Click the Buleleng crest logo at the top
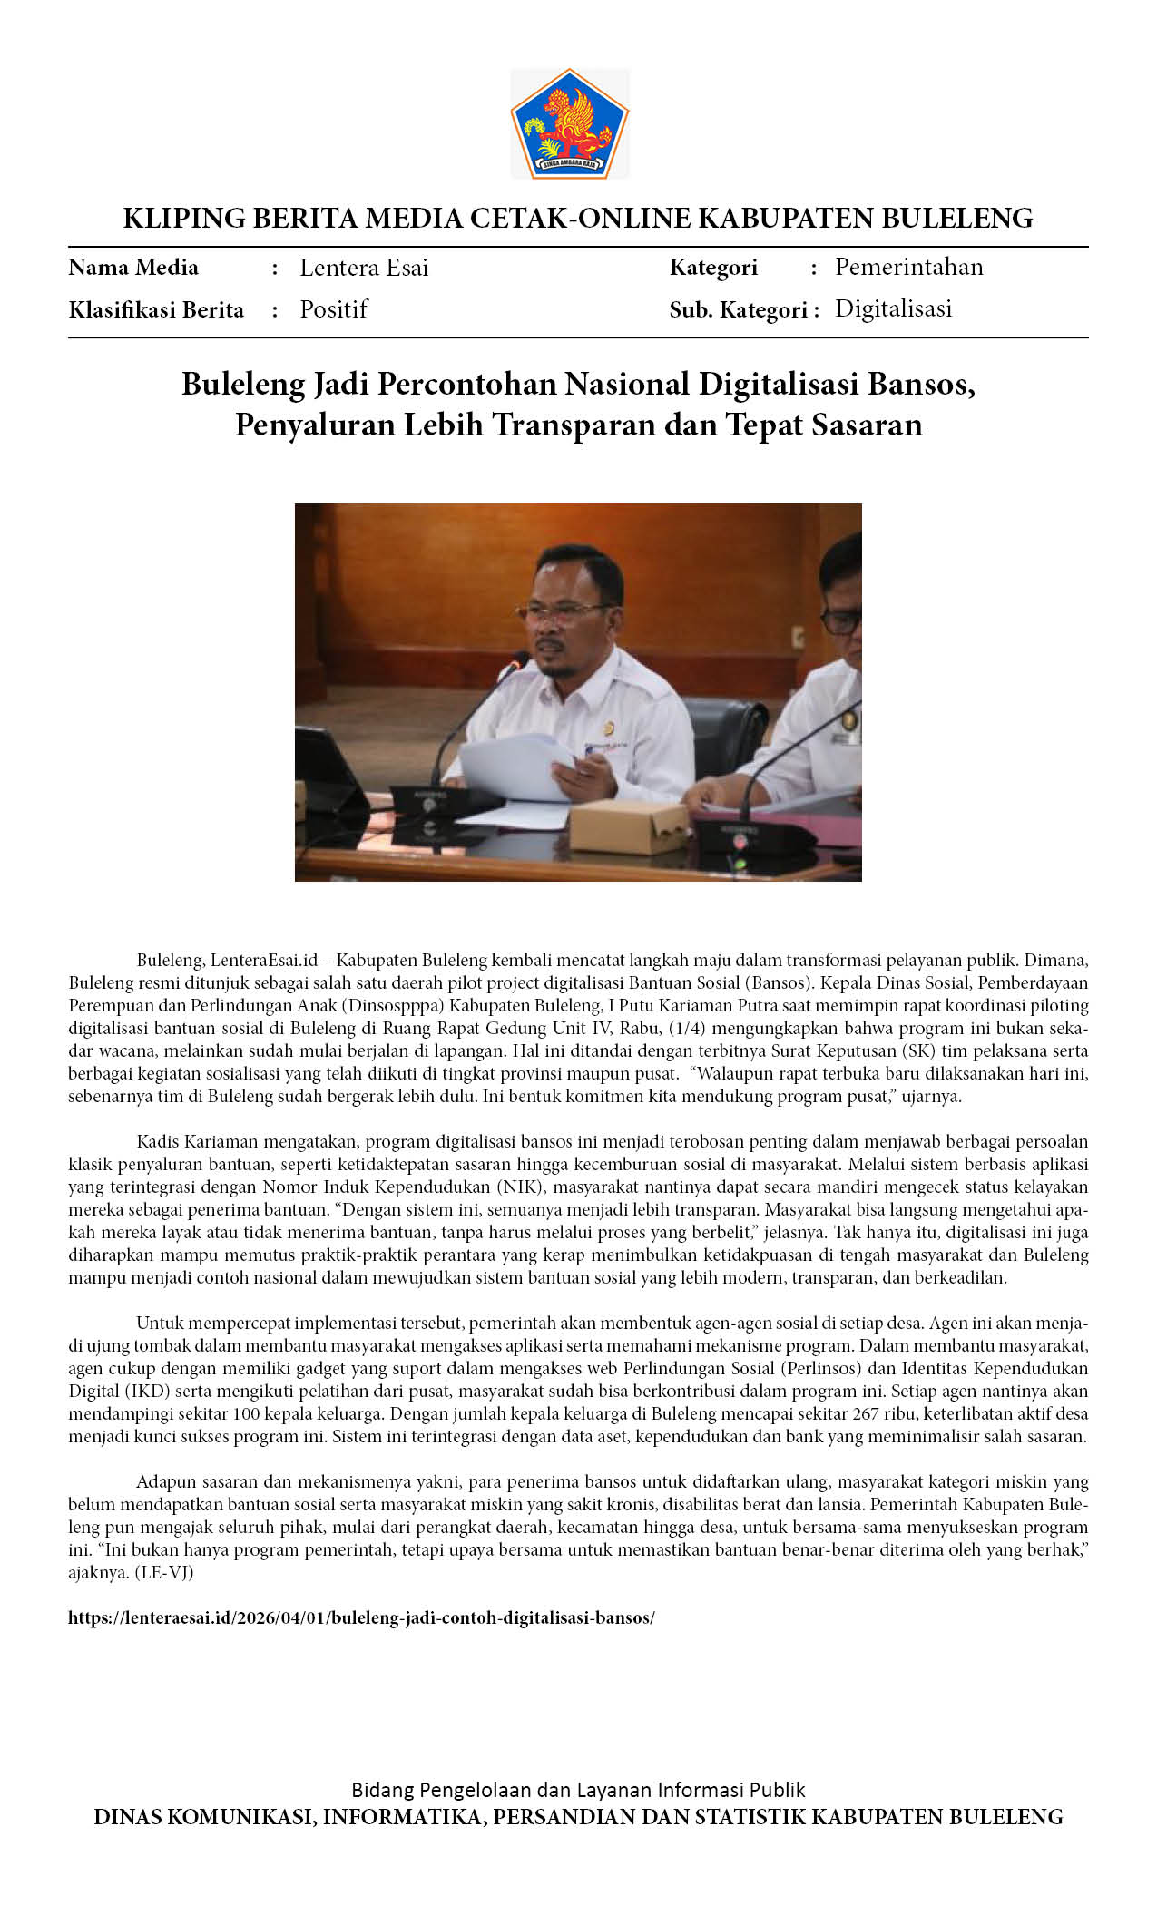pyautogui.click(x=570, y=123)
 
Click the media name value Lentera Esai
pyautogui.click(x=364, y=268)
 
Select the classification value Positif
pyautogui.click(x=334, y=309)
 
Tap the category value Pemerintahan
pyautogui.click(x=908, y=267)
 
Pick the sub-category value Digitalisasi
pyautogui.click(x=893, y=308)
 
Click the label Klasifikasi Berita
pyautogui.click(x=156, y=310)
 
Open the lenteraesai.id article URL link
pyautogui.click(x=361, y=1617)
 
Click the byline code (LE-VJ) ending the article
pyautogui.click(x=164, y=1572)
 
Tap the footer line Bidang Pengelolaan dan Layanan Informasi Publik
pyautogui.click(x=578, y=1790)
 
